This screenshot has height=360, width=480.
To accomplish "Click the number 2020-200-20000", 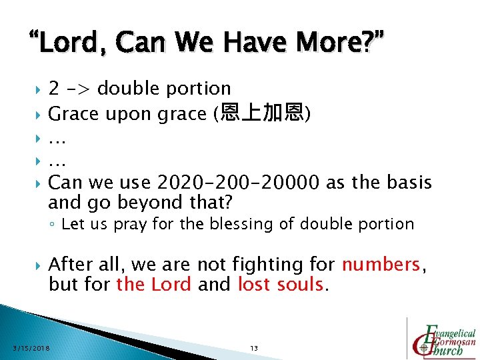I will pyautogui.click(x=236, y=182).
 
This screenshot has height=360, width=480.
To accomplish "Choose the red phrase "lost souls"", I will pyautogui.click(x=281, y=285).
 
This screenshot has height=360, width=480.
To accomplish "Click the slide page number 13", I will pyautogui.click(x=253, y=348).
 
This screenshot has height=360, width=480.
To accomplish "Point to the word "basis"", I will pyautogui.click(x=407, y=182).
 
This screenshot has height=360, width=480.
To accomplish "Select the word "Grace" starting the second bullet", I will pyautogui.click(x=73, y=114).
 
